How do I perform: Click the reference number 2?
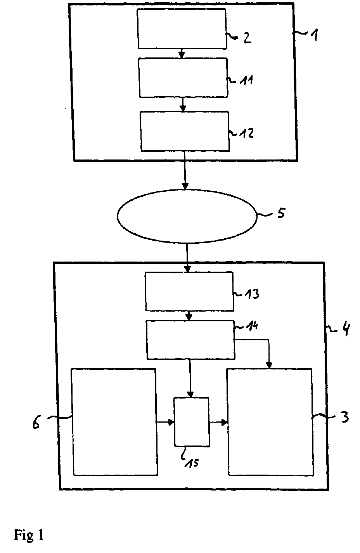(247, 38)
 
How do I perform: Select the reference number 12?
(247, 133)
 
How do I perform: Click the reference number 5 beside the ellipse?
(280, 213)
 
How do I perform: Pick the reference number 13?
(251, 294)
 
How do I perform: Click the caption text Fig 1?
(29, 536)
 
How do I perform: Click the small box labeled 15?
(192, 422)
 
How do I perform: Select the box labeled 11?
(183, 77)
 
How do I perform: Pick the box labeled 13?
(189, 291)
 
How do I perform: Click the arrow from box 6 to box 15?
(165, 422)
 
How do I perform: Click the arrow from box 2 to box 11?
(182, 54)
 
